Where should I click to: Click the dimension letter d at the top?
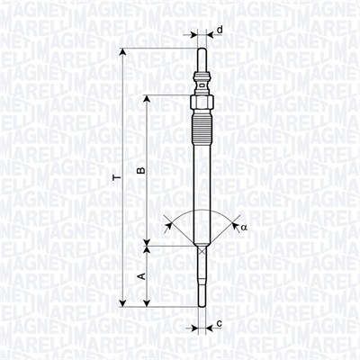click(220, 30)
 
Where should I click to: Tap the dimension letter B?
click(140, 169)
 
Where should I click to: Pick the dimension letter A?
click(140, 275)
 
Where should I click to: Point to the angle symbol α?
click(243, 228)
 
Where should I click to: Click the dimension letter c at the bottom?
click(220, 322)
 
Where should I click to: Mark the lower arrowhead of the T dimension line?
click(123, 303)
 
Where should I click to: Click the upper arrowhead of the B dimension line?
click(148, 95)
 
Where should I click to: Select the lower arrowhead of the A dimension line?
click(148, 303)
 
